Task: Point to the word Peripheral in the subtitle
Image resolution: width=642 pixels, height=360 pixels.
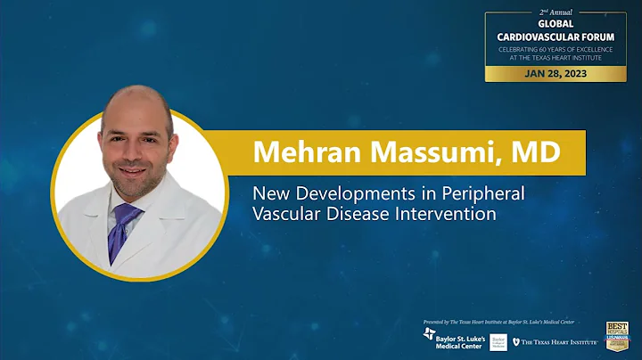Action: coord(482,192)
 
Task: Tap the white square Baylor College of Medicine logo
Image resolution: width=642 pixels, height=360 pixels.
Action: coord(498,341)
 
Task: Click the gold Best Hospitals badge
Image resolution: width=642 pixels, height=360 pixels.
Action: coord(617,335)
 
